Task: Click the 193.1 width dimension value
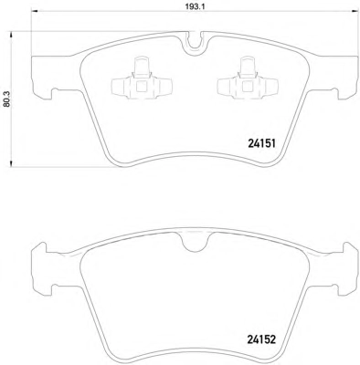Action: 193,5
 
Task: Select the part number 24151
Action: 261,142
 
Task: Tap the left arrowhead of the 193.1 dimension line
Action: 34,12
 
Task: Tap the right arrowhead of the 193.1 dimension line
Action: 354,12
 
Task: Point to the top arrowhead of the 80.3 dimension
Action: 11,35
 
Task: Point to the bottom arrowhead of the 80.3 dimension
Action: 11,164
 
